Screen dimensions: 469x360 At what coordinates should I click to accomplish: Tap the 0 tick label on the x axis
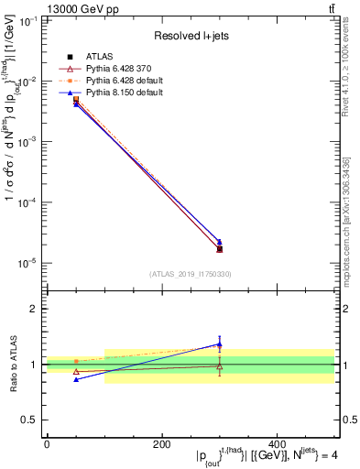point(47,443)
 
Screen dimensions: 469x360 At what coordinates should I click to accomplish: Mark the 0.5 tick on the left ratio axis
point(30,420)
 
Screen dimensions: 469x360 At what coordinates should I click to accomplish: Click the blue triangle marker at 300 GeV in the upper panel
point(219,242)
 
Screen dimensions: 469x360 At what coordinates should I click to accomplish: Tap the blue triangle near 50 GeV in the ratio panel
point(76,379)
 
